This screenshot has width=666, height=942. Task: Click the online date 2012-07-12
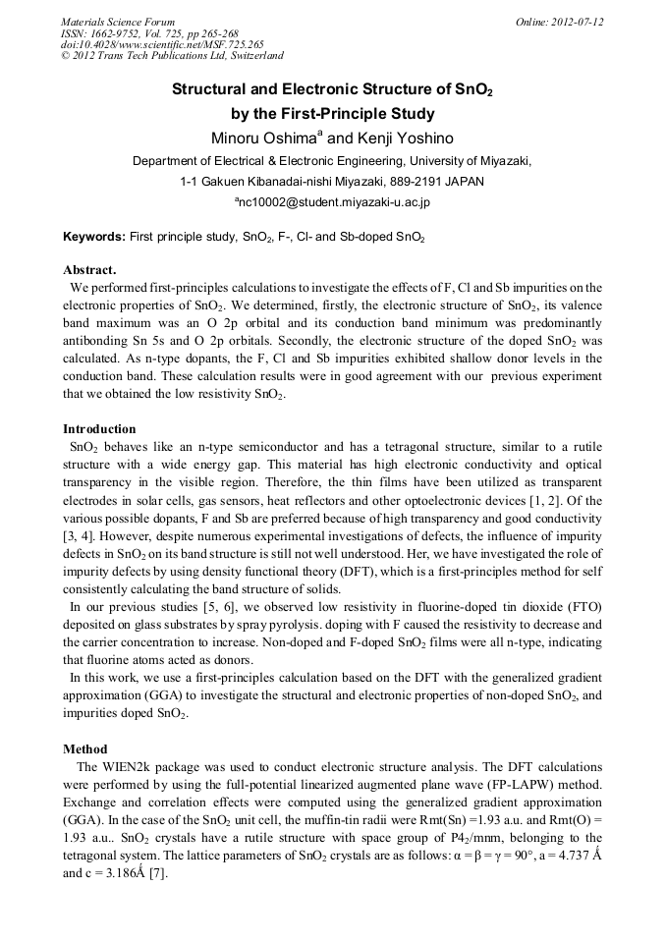[577, 22]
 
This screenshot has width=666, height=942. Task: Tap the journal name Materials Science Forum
[118, 22]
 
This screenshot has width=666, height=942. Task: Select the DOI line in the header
[162, 44]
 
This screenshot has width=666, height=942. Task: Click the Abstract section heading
[89, 269]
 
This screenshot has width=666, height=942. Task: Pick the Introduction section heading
[99, 429]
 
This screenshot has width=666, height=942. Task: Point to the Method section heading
[85, 748]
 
